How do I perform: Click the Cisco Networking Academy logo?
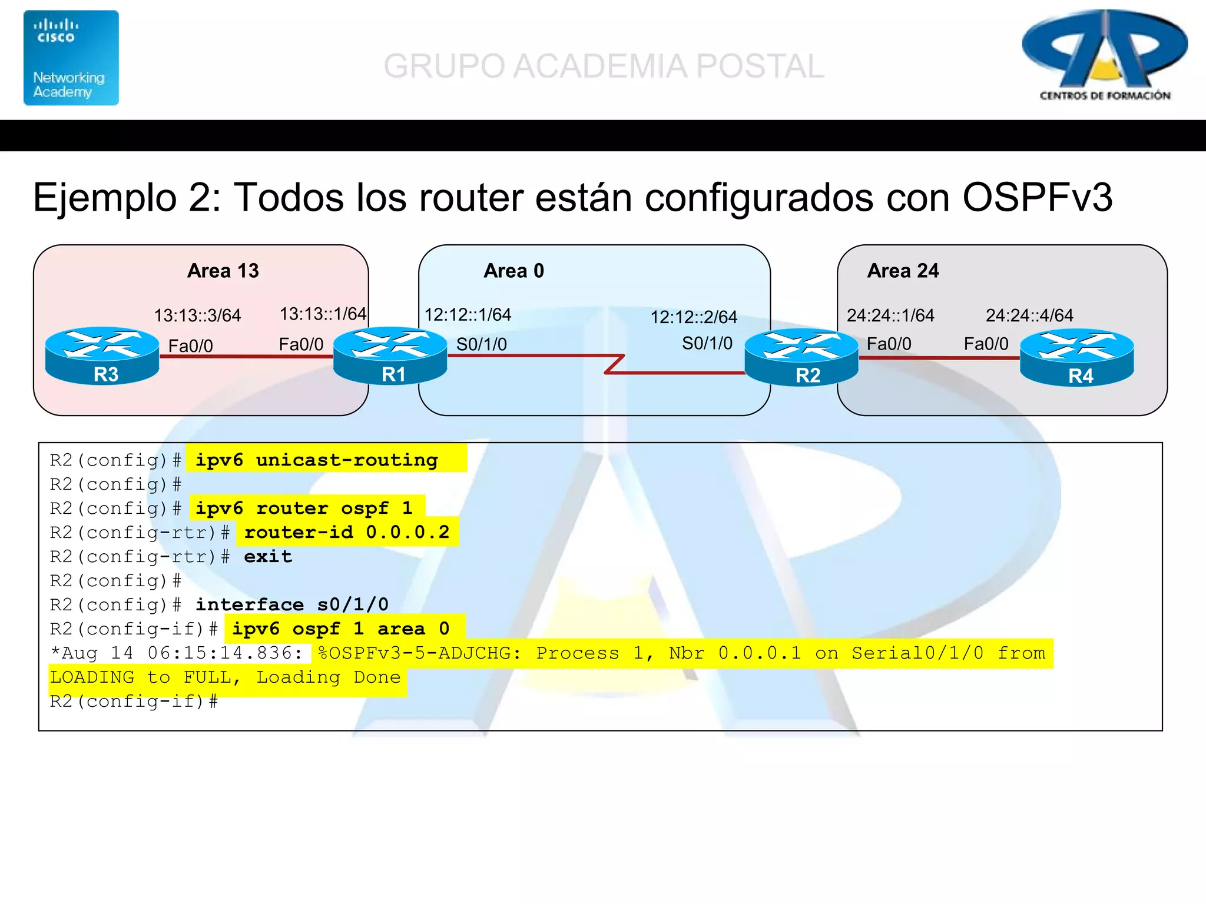coord(71,58)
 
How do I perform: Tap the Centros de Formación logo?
coord(1105,56)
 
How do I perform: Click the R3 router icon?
coord(102,356)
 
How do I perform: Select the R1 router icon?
coord(390,356)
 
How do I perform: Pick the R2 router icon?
coord(801,358)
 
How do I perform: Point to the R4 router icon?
coord(1076,358)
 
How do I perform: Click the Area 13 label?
coord(223,271)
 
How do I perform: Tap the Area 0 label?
coord(513,271)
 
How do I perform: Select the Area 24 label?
coord(903,271)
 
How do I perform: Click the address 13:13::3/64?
coord(197,315)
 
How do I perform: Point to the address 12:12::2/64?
coord(693,317)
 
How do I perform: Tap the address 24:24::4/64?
coord(1029,315)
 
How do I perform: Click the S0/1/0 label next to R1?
coord(481,344)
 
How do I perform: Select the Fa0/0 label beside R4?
coord(986,344)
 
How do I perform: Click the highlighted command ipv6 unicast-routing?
coord(317,460)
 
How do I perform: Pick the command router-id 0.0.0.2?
coord(346,532)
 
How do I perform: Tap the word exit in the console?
coord(268,556)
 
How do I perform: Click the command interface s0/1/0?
coord(292,604)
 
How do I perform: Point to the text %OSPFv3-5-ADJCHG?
coord(419,653)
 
